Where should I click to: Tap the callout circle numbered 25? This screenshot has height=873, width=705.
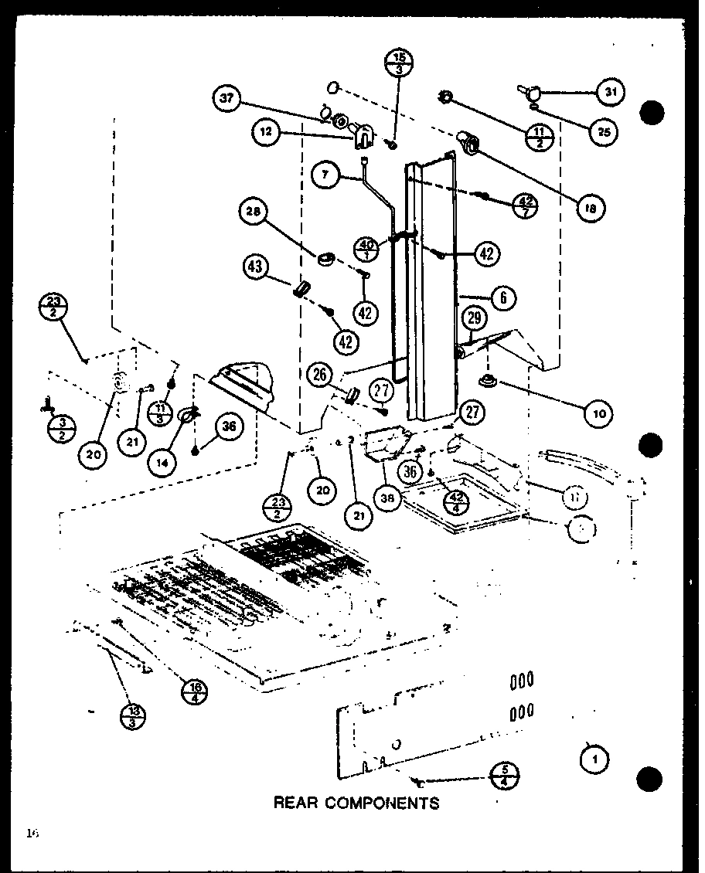tap(604, 132)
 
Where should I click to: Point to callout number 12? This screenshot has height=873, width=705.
tap(265, 131)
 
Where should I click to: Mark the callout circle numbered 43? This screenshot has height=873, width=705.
tap(256, 267)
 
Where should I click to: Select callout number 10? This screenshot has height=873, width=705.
tap(598, 413)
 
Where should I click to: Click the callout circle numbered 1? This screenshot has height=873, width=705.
tap(594, 759)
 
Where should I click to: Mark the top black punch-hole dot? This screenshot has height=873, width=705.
tap(652, 113)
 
